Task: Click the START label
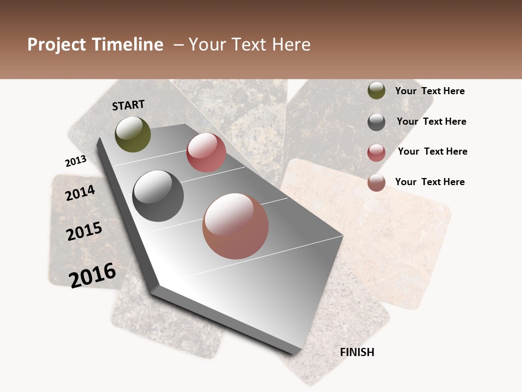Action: [128, 105]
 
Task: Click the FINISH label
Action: [357, 352]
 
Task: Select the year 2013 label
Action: [76, 161]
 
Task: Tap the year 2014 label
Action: [80, 193]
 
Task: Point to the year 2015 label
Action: [84, 231]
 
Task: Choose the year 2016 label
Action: [92, 275]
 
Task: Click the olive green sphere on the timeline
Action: [133, 134]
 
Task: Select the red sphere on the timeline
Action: [206, 152]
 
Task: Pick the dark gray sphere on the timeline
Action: [158, 196]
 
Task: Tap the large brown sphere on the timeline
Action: [235, 226]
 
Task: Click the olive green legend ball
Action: [376, 91]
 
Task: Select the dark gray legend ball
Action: [376, 122]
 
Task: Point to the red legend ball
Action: [376, 152]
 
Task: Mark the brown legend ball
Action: [376, 182]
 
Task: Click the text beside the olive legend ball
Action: [430, 91]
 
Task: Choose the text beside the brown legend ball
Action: [430, 182]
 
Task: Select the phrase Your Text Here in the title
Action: [250, 45]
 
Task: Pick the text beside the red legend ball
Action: [432, 151]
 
